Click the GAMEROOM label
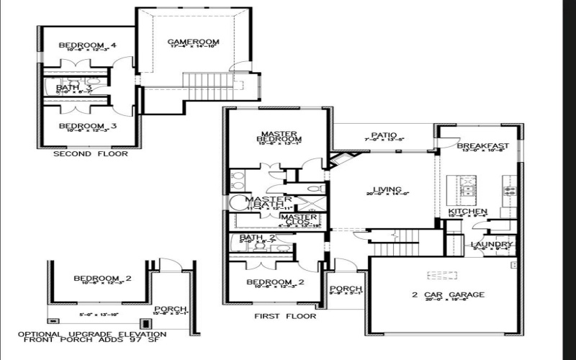tap(193, 42)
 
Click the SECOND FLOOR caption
tap(91, 153)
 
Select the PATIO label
tap(381, 134)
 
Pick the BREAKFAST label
tap(483, 146)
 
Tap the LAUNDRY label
tap(492, 245)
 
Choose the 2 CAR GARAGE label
tap(447, 294)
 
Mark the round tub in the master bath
tap(238, 202)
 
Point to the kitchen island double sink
tap(468, 191)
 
